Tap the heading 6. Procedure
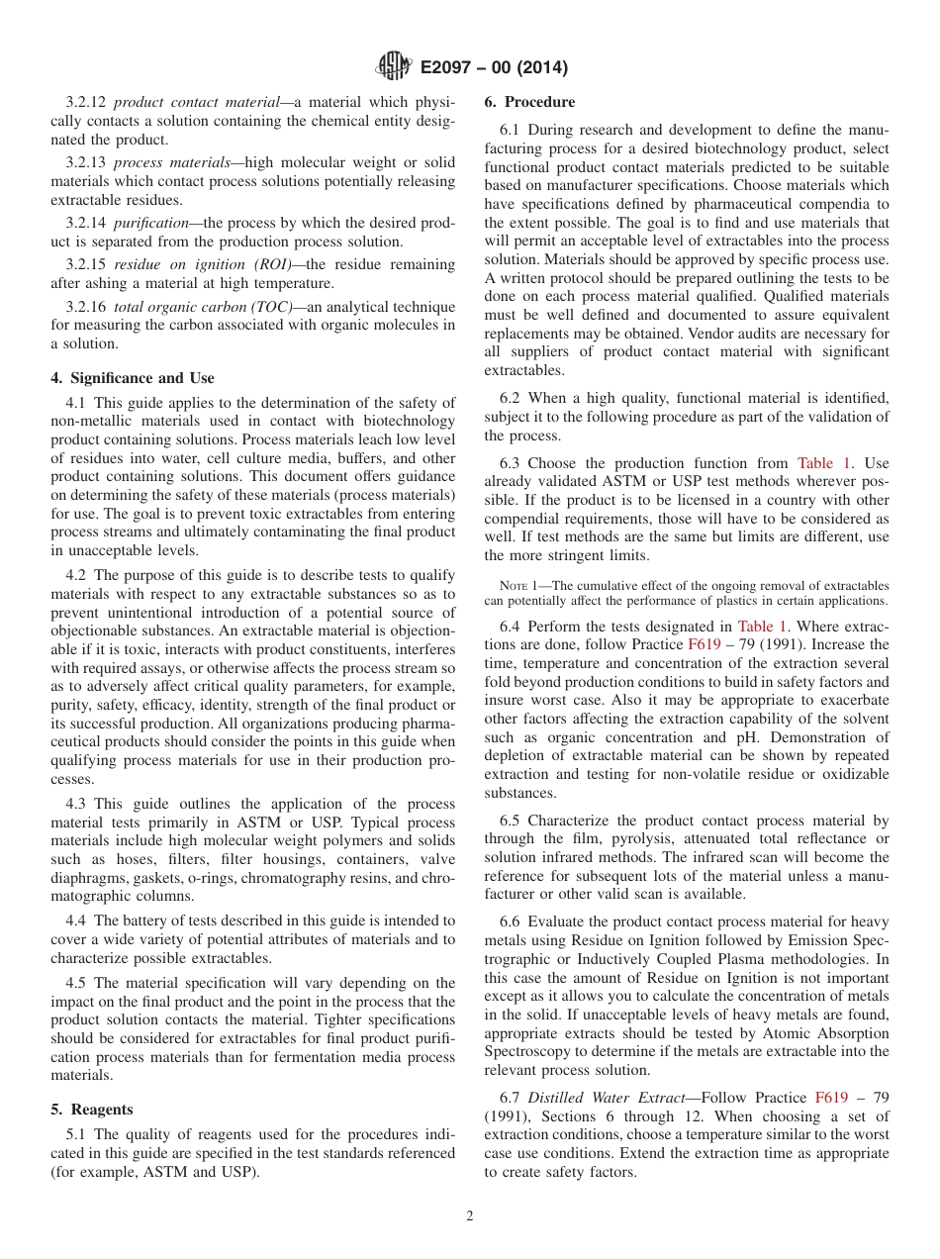pyautogui.click(x=529, y=102)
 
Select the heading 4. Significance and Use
pyautogui.click(x=133, y=378)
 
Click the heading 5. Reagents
pyautogui.click(x=92, y=1110)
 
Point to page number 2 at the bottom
pyautogui.click(x=470, y=1216)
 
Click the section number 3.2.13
pyautogui.click(x=86, y=163)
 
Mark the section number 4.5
pyautogui.click(x=77, y=983)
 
